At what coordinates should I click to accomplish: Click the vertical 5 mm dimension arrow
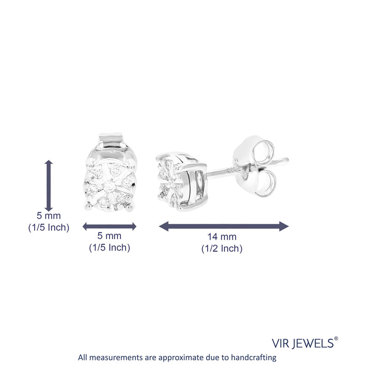(x=49, y=186)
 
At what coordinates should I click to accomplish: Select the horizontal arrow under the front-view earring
(x=110, y=227)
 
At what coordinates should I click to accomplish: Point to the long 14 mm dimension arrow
(x=224, y=226)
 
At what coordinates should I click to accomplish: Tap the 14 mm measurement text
(x=222, y=237)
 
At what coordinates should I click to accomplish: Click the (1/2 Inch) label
(x=222, y=249)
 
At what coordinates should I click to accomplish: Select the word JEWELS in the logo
(x=313, y=344)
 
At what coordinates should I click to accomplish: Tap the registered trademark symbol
(x=336, y=338)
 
